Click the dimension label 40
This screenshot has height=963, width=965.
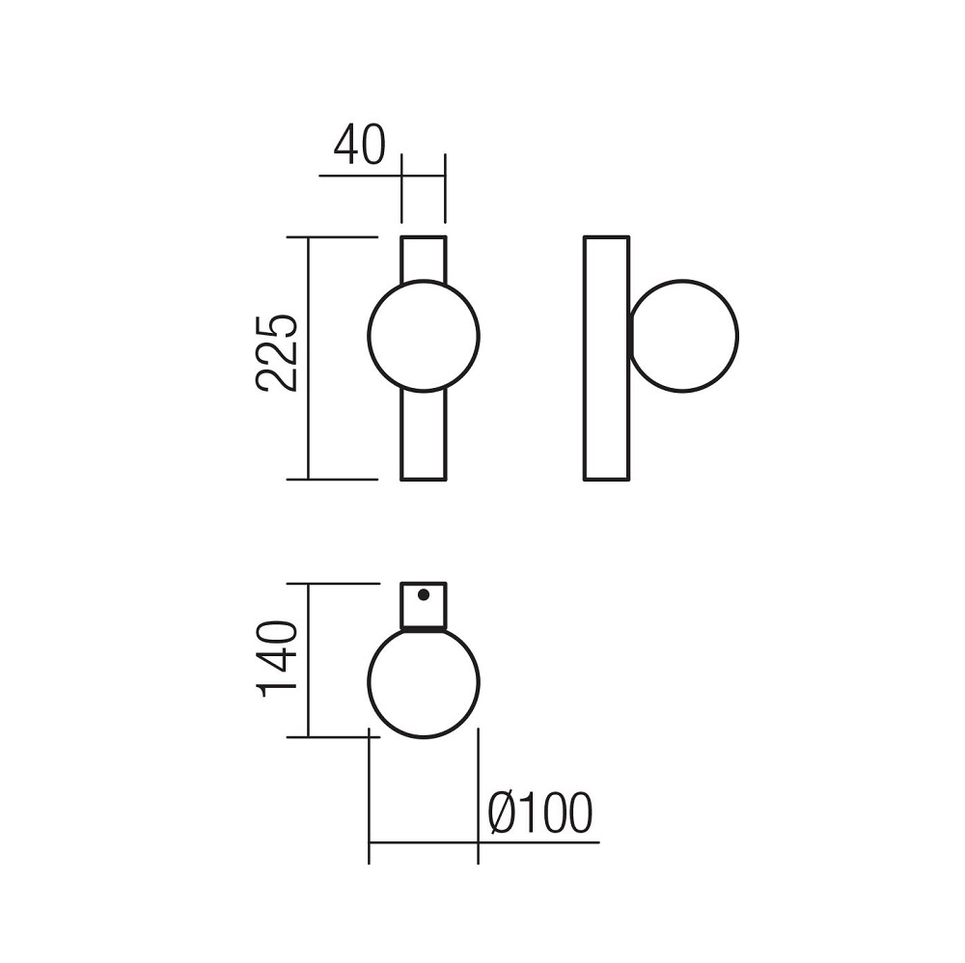click(359, 145)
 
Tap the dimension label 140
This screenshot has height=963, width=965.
click(278, 659)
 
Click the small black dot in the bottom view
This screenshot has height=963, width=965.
click(424, 594)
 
